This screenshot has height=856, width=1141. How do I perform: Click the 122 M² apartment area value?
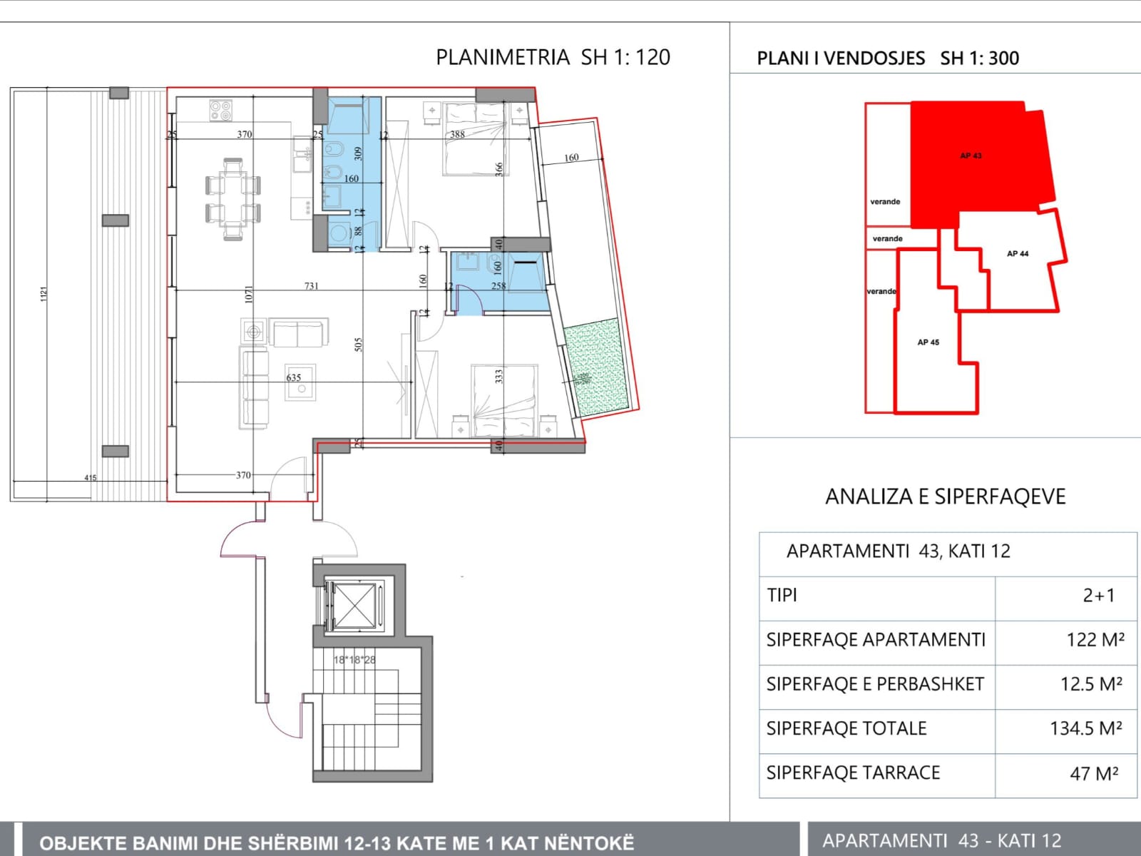tap(1095, 640)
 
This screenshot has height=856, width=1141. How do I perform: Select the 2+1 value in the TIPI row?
tap(1098, 595)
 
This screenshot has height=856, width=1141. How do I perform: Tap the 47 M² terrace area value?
tap(1093, 773)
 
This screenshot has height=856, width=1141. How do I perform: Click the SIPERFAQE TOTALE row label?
tap(846, 728)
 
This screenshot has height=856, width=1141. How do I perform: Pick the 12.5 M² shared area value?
tap(1091, 684)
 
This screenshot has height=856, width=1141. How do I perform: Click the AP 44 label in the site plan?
tap(1017, 253)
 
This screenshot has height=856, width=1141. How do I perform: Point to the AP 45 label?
tap(928, 342)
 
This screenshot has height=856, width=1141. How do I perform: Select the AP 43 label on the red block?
tap(971, 156)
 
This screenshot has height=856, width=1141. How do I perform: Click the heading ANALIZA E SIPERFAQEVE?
tap(945, 496)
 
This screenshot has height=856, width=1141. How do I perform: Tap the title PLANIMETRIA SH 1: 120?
tap(553, 57)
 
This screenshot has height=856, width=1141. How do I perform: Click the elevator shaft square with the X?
tap(354, 606)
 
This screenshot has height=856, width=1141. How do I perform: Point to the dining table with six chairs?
tap(232, 200)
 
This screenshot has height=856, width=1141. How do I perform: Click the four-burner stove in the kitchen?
tap(220, 111)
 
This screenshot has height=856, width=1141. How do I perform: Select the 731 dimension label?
tap(312, 285)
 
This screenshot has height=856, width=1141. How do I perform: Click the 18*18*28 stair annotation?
tap(354, 660)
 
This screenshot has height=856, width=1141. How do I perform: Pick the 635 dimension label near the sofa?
tap(294, 377)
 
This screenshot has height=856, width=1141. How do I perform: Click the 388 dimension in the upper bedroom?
tap(457, 133)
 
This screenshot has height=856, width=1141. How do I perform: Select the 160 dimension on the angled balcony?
tap(571, 157)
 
